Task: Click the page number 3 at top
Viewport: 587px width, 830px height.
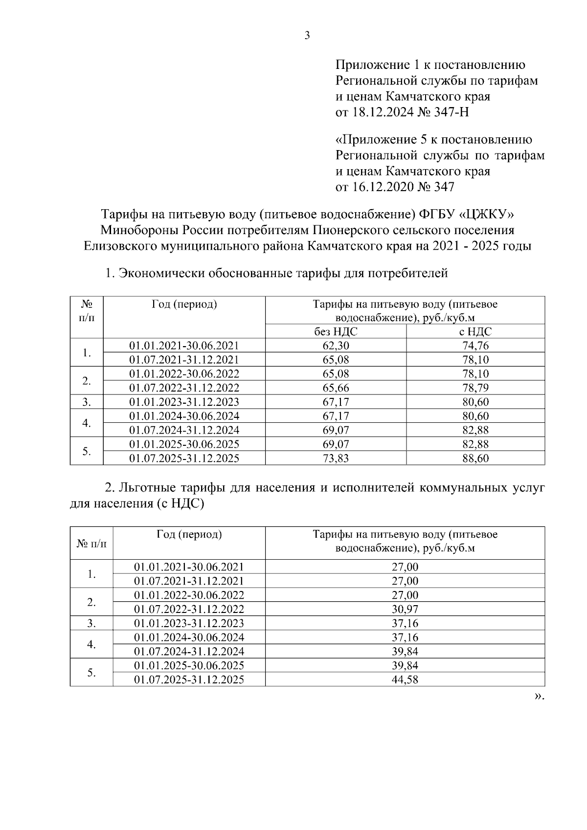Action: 307,36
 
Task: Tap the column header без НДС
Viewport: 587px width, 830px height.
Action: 336,331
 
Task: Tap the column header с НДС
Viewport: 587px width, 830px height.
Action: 475,331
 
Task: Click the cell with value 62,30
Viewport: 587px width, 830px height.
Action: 336,346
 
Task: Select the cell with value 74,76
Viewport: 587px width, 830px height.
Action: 475,346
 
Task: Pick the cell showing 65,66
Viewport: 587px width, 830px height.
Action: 336,388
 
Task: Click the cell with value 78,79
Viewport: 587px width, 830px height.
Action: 475,388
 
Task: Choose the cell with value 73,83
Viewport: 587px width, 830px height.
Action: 336,459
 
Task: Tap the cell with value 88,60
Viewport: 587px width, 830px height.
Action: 475,459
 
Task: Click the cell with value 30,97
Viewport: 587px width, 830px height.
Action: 405,609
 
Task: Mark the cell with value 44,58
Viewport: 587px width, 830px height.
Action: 405,679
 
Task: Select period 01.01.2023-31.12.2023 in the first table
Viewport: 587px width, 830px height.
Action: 184,402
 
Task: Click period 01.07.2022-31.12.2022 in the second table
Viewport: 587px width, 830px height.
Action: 189,609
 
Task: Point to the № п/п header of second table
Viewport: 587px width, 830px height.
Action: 91,543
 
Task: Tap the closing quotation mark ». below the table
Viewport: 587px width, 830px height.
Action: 539,697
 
